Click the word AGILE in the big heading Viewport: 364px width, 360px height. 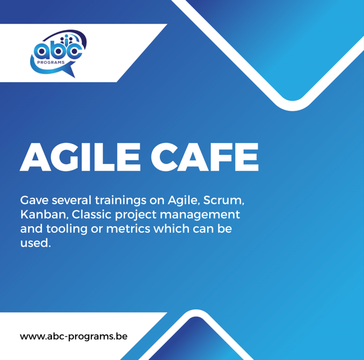(x=82, y=156)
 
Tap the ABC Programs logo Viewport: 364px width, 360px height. (x=57, y=52)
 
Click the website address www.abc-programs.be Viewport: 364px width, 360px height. (x=74, y=337)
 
